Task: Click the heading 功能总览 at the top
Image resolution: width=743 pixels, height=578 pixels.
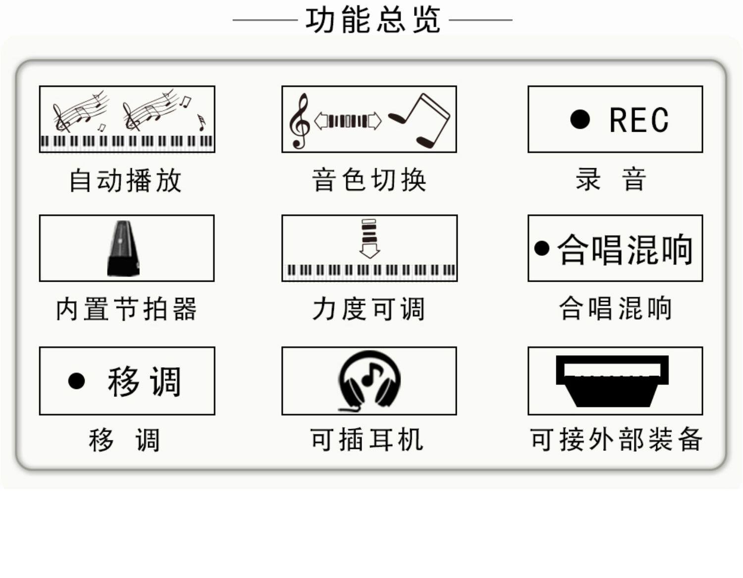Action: pyautogui.click(x=372, y=20)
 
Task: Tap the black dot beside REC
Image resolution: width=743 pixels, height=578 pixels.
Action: pyautogui.click(x=580, y=119)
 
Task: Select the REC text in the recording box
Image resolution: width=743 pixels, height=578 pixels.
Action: pyautogui.click(x=638, y=120)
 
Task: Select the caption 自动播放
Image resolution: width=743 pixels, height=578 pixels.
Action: pyautogui.click(x=126, y=180)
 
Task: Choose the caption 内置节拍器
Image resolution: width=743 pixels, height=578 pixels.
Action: pyautogui.click(x=126, y=309)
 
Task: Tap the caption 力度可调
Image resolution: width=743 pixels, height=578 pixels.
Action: pyautogui.click(x=369, y=309)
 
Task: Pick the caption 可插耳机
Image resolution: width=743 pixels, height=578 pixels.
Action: pyautogui.click(x=367, y=439)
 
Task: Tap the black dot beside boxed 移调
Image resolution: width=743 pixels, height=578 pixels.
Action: pyautogui.click(x=76, y=381)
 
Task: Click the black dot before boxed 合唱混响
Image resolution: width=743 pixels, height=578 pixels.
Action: pyautogui.click(x=542, y=248)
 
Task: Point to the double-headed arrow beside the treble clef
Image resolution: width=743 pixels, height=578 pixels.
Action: pyautogui.click(x=348, y=121)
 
